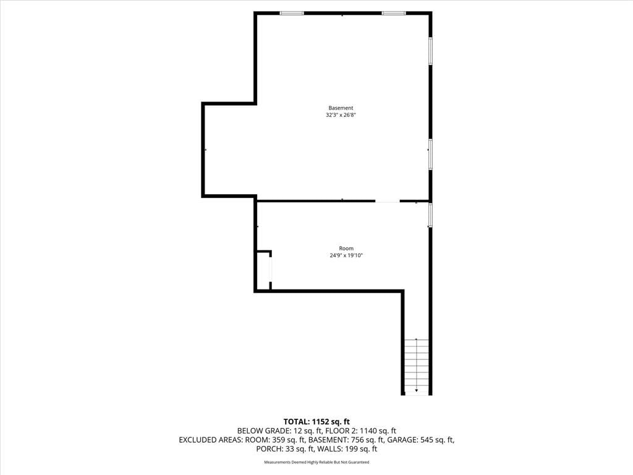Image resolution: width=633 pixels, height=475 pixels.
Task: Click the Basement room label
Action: pyautogui.click(x=341, y=108)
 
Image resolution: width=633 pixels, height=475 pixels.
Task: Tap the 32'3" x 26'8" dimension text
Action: pyautogui.click(x=341, y=114)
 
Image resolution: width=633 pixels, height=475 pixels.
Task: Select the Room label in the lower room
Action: pyautogui.click(x=346, y=249)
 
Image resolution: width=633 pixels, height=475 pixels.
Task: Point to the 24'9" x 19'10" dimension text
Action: pyautogui.click(x=346, y=255)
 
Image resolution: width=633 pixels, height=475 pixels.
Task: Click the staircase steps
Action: pyautogui.click(x=417, y=367)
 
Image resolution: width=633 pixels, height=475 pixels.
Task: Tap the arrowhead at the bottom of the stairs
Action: pyautogui.click(x=417, y=391)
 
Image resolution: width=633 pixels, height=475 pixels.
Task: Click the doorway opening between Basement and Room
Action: pyautogui.click(x=388, y=201)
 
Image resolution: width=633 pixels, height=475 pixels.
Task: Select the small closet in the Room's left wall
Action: pyautogui.click(x=263, y=271)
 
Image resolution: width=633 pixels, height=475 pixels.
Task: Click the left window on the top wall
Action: pyautogui.click(x=292, y=14)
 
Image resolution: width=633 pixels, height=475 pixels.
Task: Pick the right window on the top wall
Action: pyautogui.click(x=394, y=14)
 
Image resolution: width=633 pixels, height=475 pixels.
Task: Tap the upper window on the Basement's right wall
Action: pyautogui.click(x=430, y=51)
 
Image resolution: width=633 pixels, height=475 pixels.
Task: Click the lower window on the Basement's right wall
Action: pyautogui.click(x=430, y=154)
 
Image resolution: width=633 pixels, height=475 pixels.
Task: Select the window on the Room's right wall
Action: pyautogui.click(x=430, y=215)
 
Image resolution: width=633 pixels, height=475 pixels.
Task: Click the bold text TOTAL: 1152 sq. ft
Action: pyautogui.click(x=316, y=422)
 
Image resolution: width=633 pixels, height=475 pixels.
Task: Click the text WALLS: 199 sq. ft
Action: pyautogui.click(x=347, y=449)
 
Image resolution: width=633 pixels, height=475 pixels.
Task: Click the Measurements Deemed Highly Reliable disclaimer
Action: pyautogui.click(x=316, y=462)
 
